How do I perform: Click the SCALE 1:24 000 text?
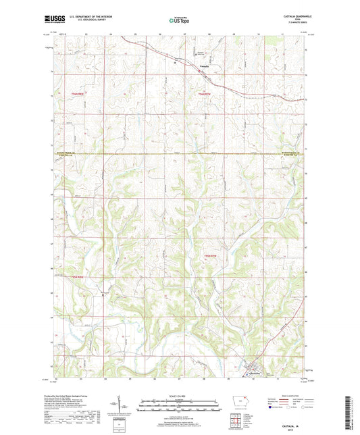(178, 396)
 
